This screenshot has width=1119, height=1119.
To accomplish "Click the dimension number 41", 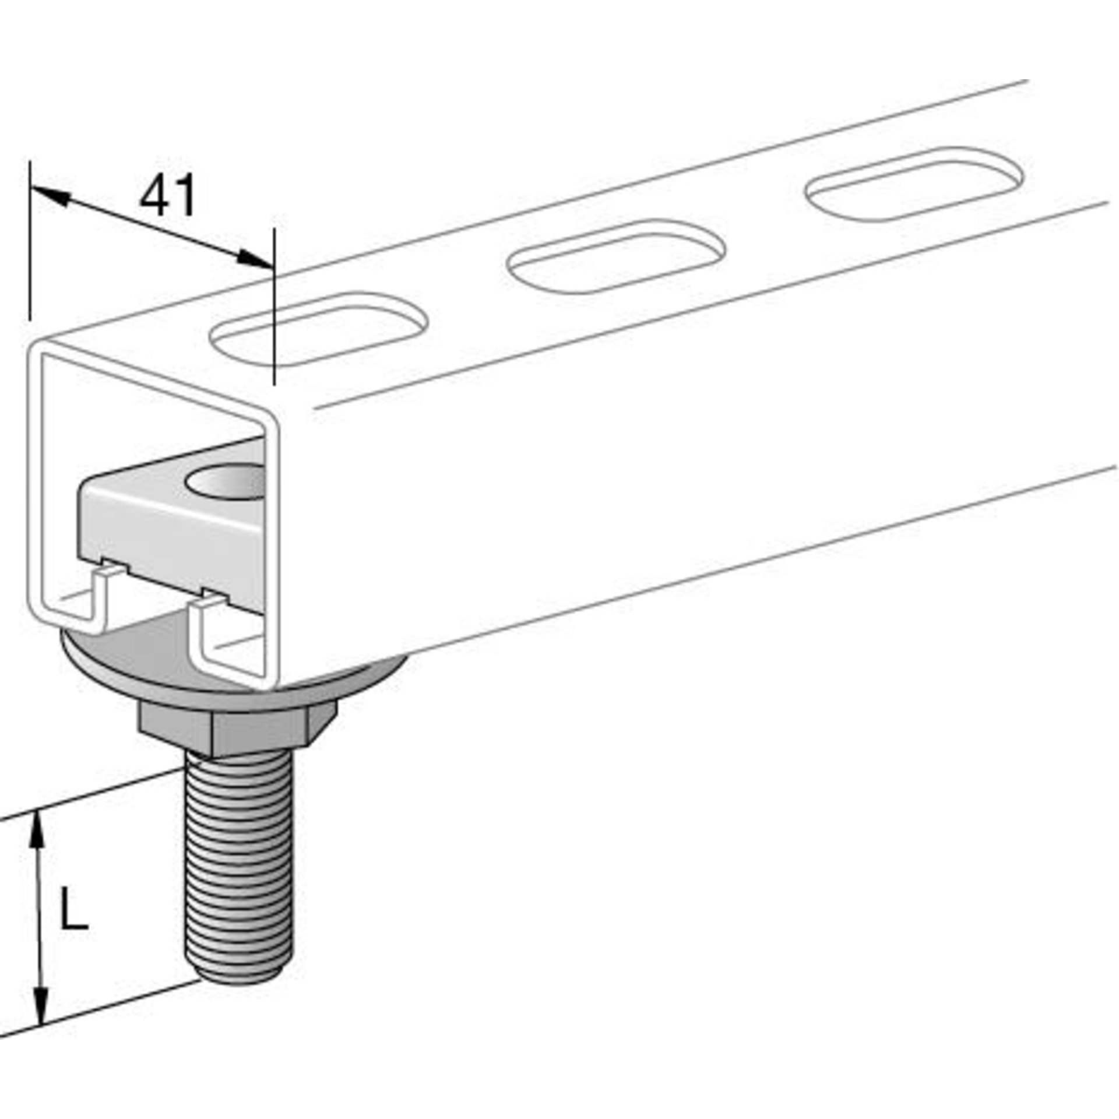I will (x=167, y=196).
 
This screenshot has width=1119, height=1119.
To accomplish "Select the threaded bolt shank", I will (x=240, y=863).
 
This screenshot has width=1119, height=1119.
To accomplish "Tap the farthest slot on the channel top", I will (x=914, y=184).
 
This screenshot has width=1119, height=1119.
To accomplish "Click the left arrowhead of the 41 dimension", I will (x=50, y=195).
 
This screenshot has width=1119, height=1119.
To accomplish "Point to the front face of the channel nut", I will (x=169, y=536).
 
